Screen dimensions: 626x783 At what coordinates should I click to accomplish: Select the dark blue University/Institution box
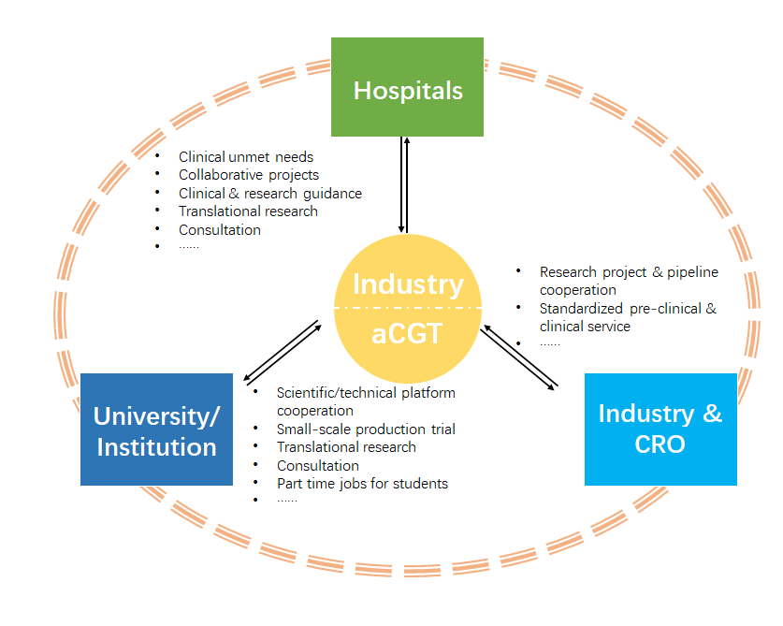(156, 429)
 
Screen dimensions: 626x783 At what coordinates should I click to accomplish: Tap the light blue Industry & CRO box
(660, 429)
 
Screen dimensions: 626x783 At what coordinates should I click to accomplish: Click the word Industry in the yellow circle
(408, 284)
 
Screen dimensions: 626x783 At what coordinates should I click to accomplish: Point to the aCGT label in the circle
(407, 333)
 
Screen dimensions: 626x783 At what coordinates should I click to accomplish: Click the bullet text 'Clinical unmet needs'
(246, 157)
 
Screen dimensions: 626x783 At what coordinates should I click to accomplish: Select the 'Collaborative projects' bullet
(249, 175)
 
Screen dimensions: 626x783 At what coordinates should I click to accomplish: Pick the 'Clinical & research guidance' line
(270, 194)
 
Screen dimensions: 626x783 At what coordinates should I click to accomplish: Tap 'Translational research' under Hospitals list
(248, 211)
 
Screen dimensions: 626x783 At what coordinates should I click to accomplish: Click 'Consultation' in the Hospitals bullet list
(220, 229)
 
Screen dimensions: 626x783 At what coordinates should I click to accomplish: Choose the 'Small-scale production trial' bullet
(366, 429)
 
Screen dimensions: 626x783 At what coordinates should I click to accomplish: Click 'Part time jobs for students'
(362, 484)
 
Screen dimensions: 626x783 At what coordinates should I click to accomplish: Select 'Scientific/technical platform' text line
(366, 393)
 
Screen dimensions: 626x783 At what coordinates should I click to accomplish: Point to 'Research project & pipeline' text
(629, 272)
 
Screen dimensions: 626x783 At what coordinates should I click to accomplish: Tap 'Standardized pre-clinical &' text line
(628, 309)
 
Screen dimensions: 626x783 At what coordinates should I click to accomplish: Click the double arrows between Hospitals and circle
(403, 184)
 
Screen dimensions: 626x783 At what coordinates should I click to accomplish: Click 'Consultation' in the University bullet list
(317, 465)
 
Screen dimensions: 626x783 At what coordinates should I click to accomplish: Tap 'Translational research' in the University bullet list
(346, 447)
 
